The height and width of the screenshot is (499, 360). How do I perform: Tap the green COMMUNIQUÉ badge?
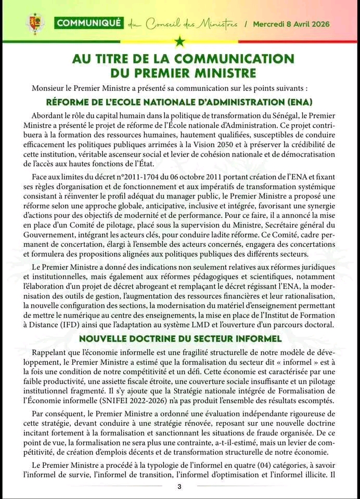click(89, 23)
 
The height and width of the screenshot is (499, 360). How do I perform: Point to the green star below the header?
click(180, 41)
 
